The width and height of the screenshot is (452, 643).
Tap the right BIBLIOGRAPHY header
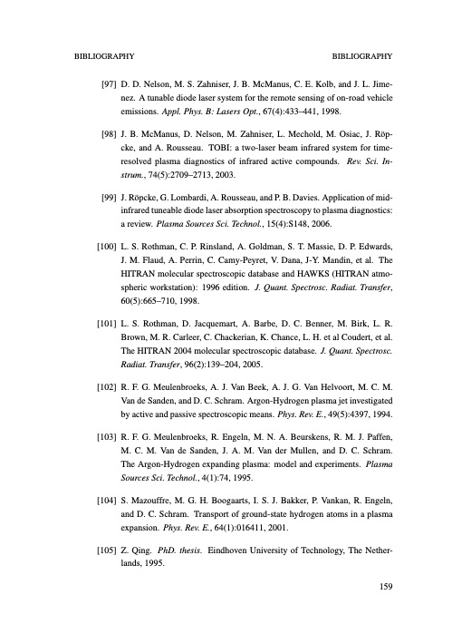click(x=363, y=55)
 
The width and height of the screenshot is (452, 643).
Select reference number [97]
click(x=108, y=83)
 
